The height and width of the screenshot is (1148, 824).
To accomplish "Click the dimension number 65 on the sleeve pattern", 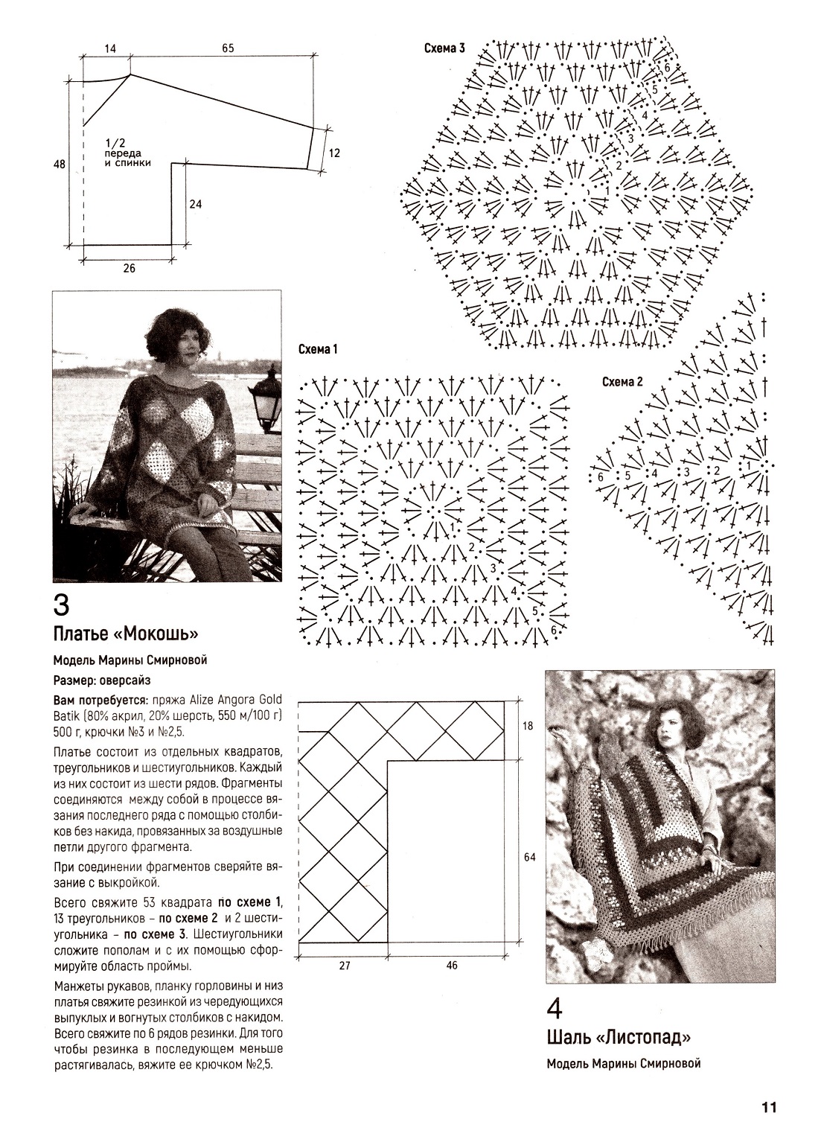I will pyautogui.click(x=228, y=48).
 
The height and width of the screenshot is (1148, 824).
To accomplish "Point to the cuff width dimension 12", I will pyautogui.click(x=333, y=153).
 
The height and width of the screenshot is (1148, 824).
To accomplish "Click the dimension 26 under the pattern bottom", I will pyautogui.click(x=129, y=269).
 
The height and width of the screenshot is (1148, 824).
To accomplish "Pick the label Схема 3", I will pyautogui.click(x=444, y=49).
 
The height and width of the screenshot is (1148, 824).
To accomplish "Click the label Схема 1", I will pyautogui.click(x=318, y=348).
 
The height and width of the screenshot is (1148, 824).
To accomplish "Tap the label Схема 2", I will pyautogui.click(x=622, y=383).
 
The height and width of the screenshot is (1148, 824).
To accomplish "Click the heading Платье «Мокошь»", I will pyautogui.click(x=125, y=634).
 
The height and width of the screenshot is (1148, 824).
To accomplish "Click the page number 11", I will pyautogui.click(x=769, y=1107).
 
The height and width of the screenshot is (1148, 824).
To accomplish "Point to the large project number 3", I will pyautogui.click(x=62, y=605).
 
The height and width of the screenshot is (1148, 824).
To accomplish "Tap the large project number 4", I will pyautogui.click(x=555, y=1008).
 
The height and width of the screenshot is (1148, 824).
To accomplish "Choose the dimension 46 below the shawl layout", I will pyautogui.click(x=452, y=966).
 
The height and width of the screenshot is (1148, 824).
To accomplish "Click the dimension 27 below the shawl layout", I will pyautogui.click(x=344, y=966).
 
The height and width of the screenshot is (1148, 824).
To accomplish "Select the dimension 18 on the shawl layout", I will pyautogui.click(x=528, y=726).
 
